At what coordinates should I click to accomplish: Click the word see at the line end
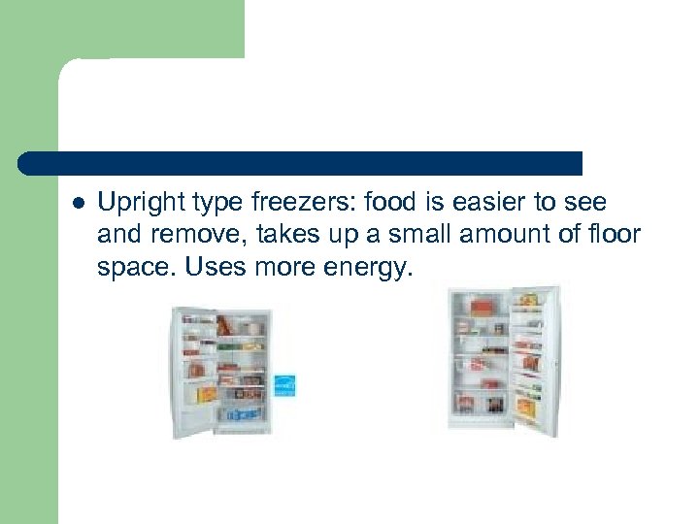[x=582, y=203]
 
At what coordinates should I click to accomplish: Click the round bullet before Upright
[x=78, y=204]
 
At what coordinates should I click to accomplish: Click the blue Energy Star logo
[x=283, y=385]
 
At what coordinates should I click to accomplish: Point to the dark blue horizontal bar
[x=301, y=163]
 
